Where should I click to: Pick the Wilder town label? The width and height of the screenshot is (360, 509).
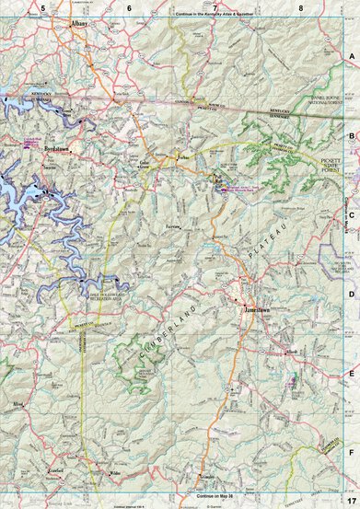tap(115, 474)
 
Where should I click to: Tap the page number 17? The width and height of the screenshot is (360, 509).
tap(352, 500)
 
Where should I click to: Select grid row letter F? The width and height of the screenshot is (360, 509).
tap(352, 453)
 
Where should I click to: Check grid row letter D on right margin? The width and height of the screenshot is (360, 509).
tap(352, 295)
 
